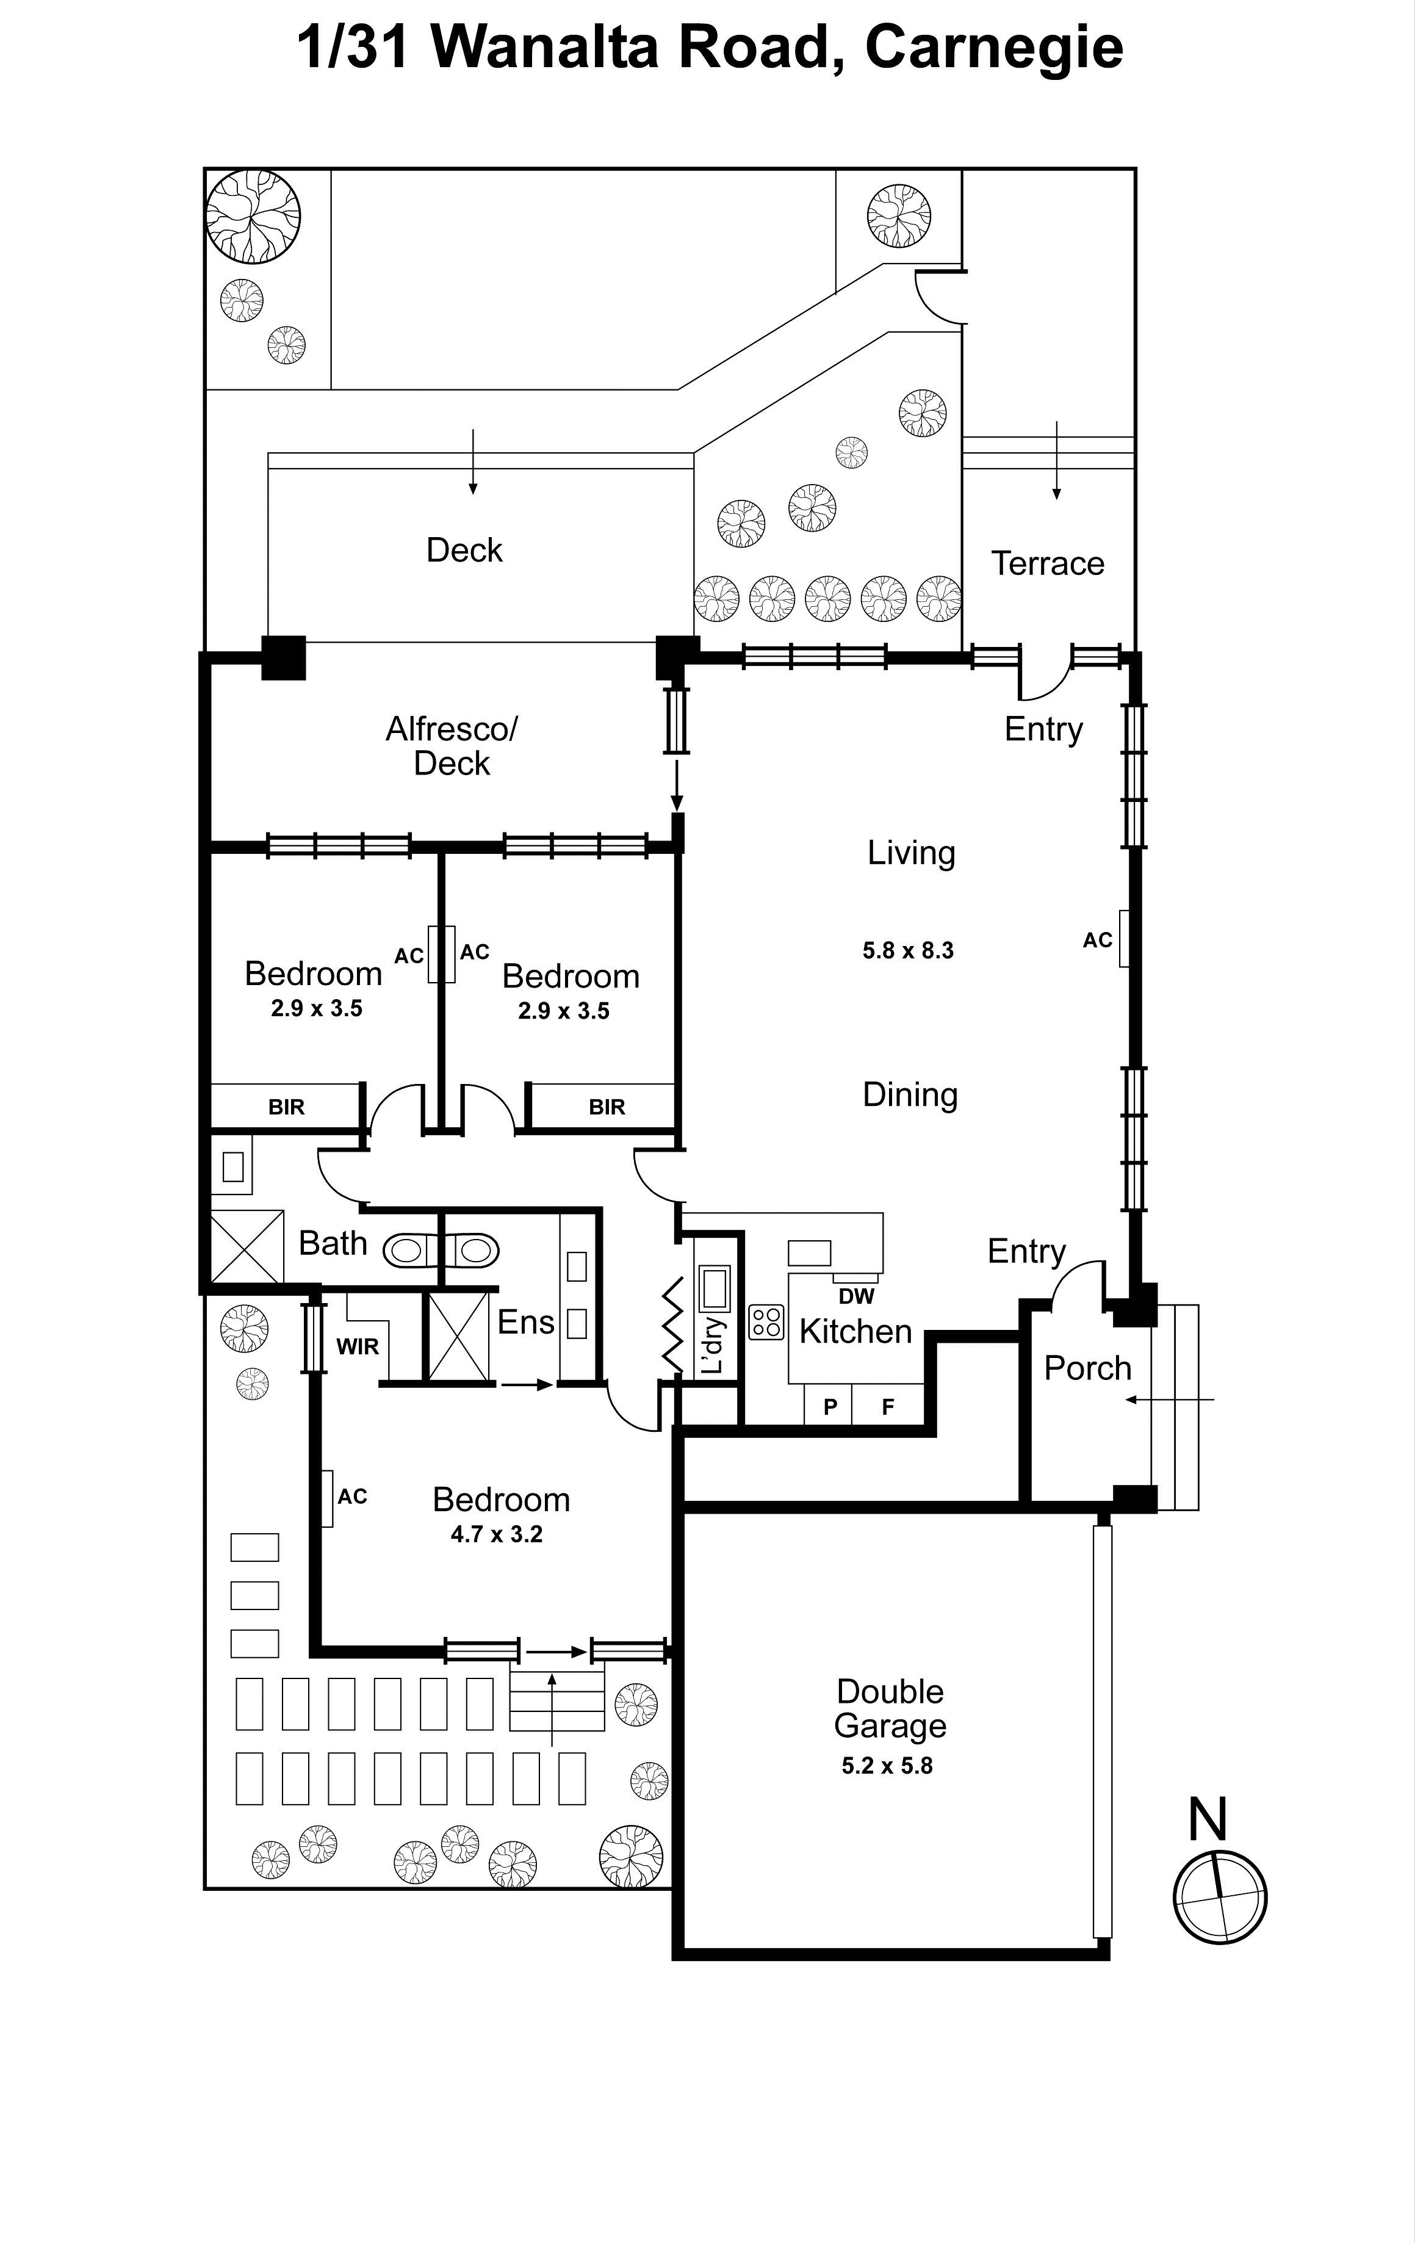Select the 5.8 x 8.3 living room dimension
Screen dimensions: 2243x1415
click(907, 950)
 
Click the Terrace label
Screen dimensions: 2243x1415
click(1047, 563)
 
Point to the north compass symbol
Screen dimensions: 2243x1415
click(1219, 1896)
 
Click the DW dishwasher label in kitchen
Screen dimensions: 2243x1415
click(856, 1296)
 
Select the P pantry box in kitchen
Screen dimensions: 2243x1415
click(830, 1407)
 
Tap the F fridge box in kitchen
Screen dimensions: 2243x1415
click(888, 1407)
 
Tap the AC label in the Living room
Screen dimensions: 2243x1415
click(1097, 940)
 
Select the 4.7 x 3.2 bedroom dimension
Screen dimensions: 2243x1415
click(497, 1534)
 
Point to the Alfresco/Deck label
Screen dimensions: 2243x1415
click(452, 745)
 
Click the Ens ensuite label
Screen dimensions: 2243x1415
click(525, 1322)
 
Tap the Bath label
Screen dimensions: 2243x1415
click(333, 1243)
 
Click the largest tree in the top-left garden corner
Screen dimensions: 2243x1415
click(253, 216)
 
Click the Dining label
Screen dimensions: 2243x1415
click(910, 1094)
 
